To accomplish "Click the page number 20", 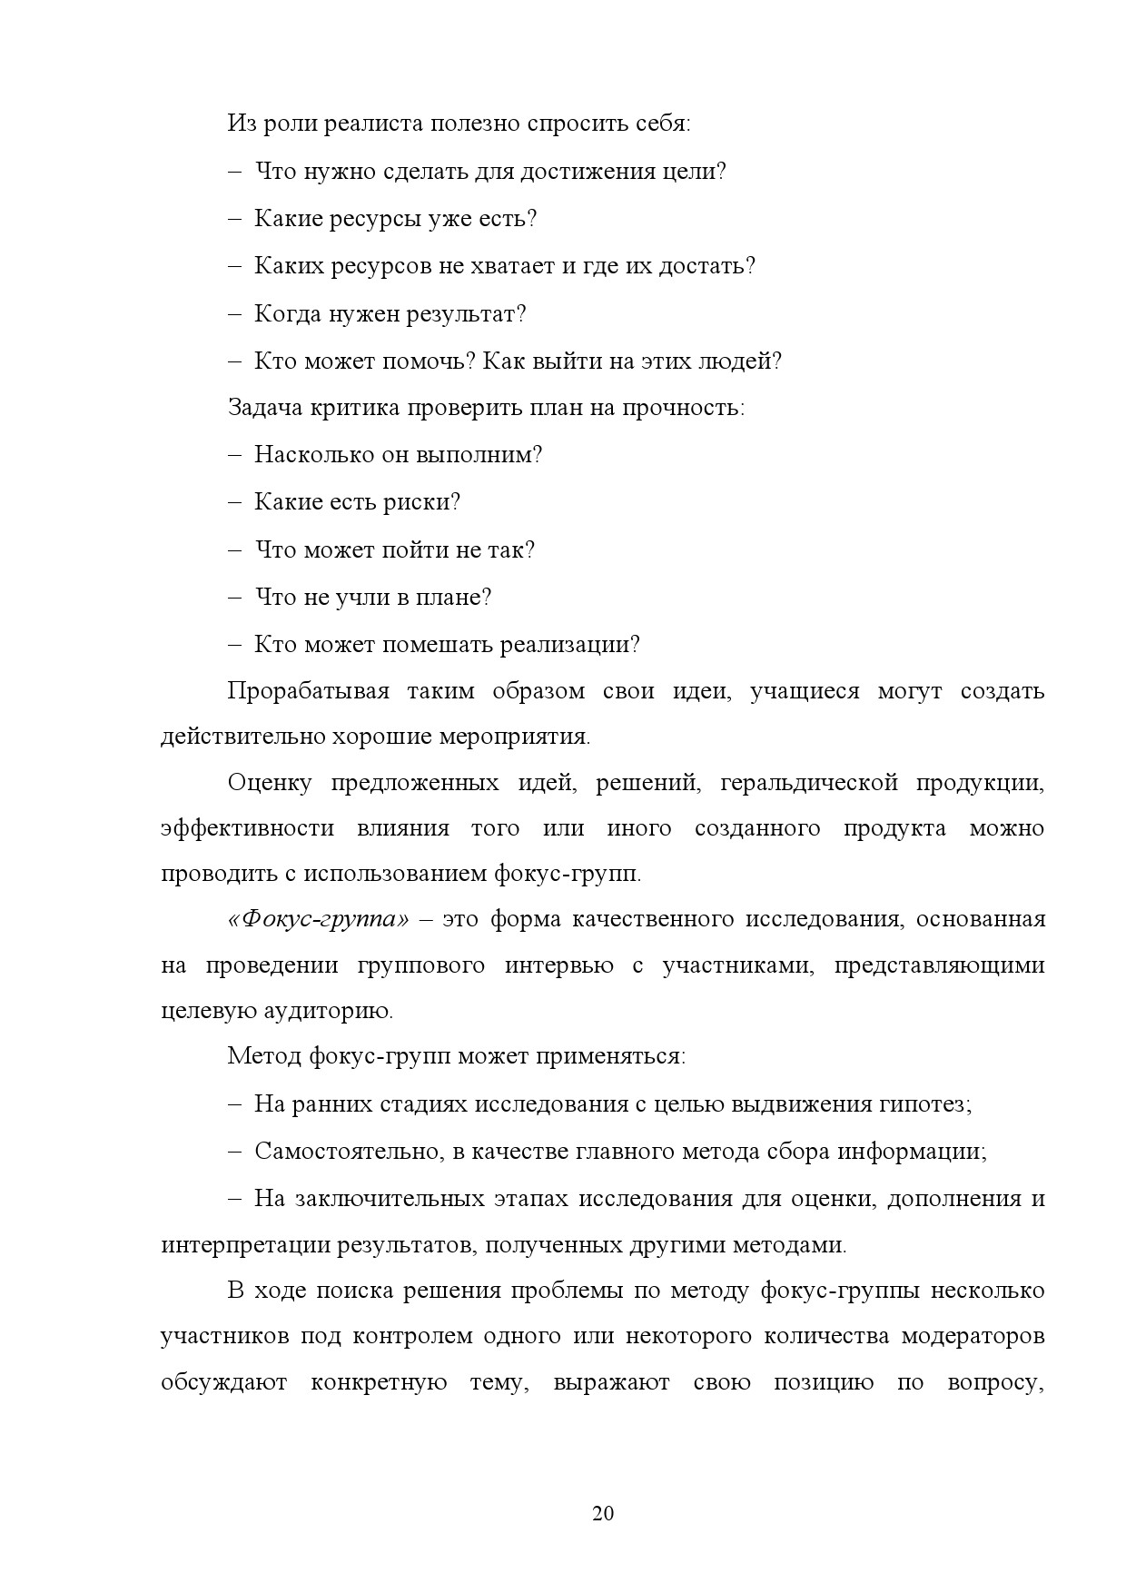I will coord(603,1513).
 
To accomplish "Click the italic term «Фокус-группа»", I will coord(318,919).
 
